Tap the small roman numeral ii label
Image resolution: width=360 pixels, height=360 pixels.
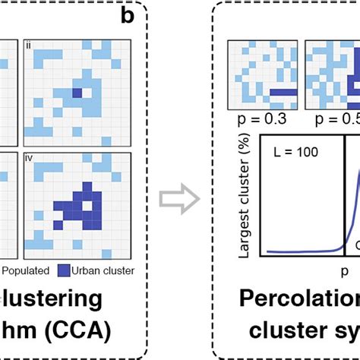click(x=28, y=45)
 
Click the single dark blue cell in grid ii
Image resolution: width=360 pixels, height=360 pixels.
click(x=75, y=93)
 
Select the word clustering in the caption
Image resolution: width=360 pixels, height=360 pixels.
click(x=61, y=298)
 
